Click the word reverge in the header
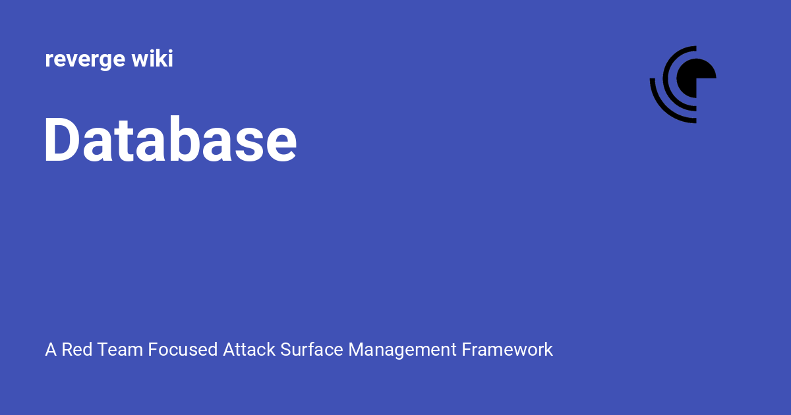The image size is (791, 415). [84, 60]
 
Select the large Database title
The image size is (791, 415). [170, 140]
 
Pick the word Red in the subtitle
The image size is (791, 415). [76, 349]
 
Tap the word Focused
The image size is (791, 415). [183, 349]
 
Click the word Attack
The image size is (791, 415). [249, 349]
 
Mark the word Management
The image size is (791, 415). [402, 349]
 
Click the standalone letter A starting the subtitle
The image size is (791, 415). [51, 349]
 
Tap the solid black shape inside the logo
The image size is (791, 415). [701, 76]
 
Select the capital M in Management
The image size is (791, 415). [356, 349]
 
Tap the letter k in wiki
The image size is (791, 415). [158, 59]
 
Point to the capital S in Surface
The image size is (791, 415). [285, 349]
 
